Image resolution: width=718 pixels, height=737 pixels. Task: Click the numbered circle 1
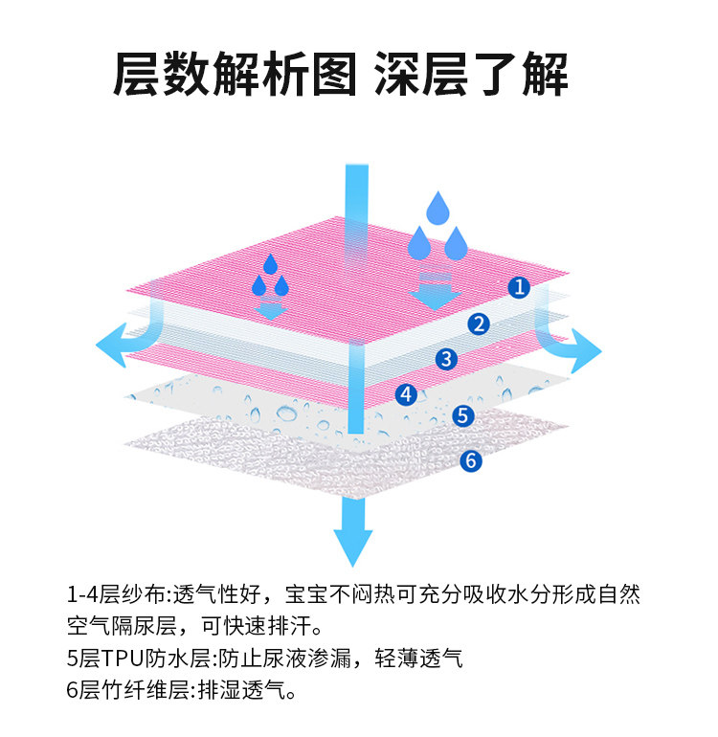tap(518, 286)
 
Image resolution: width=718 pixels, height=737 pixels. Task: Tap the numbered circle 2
tap(479, 324)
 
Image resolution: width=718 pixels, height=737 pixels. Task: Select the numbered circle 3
tap(445, 359)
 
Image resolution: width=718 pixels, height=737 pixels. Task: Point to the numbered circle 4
tap(406, 393)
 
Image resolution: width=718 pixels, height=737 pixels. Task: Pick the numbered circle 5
tap(463, 415)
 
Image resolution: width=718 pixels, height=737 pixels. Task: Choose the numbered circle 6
tap(469, 460)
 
